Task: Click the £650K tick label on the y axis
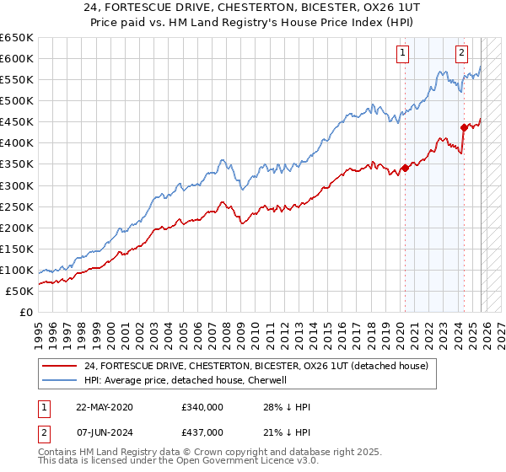(x=17, y=38)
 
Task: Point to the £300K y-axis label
(x=17, y=185)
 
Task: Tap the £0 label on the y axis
(x=27, y=312)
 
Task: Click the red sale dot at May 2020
(x=405, y=168)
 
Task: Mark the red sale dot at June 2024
(x=464, y=127)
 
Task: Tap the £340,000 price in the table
(x=202, y=406)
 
